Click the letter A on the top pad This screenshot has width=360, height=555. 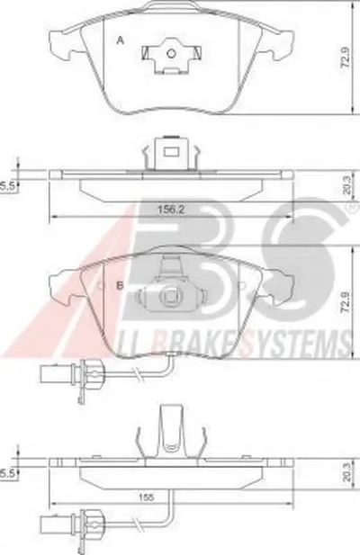pyautogui.click(x=121, y=40)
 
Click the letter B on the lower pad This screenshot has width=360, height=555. pyautogui.click(x=120, y=286)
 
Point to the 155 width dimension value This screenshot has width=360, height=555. pyautogui.click(x=147, y=497)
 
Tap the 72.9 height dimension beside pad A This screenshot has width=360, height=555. pyautogui.click(x=346, y=58)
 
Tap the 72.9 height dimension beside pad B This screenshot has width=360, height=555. pyautogui.click(x=346, y=302)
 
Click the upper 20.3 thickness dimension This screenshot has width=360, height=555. pyautogui.click(x=346, y=185)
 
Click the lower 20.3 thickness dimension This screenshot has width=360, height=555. pyautogui.click(x=346, y=472)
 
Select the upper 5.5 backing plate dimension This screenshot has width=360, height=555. pyautogui.click(x=8, y=186)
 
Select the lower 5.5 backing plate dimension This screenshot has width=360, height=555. pyautogui.click(x=8, y=473)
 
